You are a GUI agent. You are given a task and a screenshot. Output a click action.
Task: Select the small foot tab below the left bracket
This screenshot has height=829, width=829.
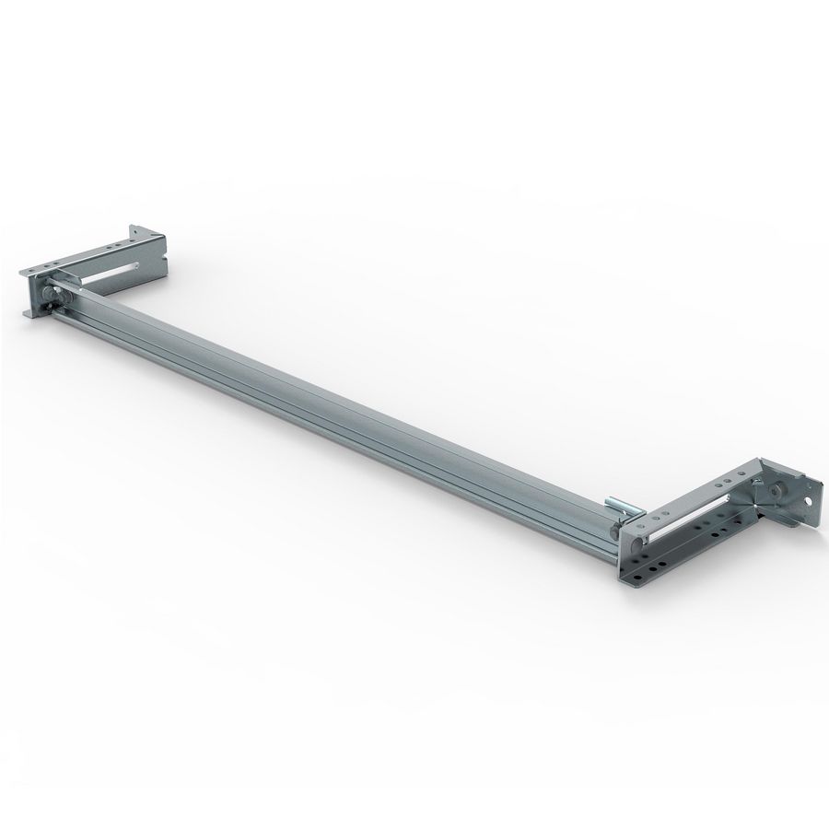[29, 314]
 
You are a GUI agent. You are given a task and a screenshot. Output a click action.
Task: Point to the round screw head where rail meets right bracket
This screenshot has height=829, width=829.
[614, 531]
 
